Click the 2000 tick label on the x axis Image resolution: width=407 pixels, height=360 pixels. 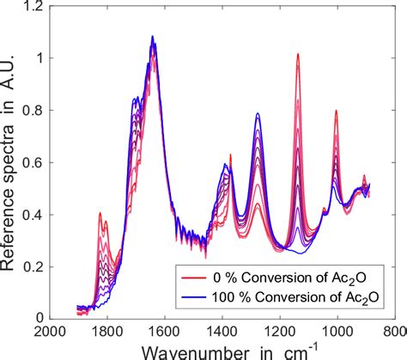(50, 331)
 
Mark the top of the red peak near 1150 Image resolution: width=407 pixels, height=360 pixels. (297, 54)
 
